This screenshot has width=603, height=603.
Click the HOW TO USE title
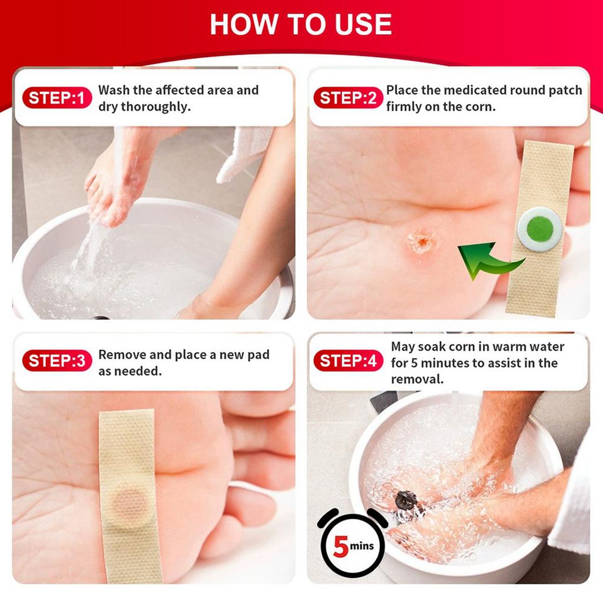coord(301,25)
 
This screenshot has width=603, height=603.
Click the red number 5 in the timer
coord(340,546)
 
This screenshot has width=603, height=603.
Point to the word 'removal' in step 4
coord(417,379)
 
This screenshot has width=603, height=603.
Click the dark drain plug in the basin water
coord(406,500)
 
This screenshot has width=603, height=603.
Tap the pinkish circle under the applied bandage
coord(130,504)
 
